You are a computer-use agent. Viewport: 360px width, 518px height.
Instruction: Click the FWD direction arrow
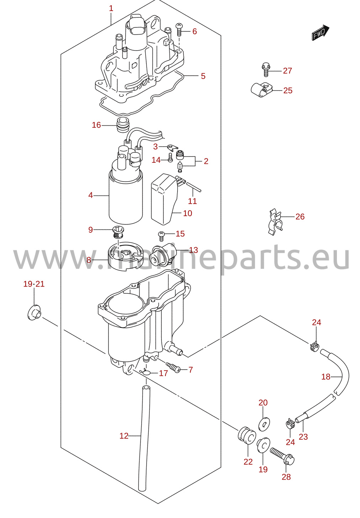tap(321, 33)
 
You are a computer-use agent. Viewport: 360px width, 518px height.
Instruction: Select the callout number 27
tap(287, 71)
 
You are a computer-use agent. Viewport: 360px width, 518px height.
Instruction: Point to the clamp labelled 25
tap(261, 90)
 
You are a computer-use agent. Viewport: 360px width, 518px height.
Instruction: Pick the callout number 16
tap(96, 125)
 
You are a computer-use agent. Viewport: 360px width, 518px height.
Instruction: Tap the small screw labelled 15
tap(161, 236)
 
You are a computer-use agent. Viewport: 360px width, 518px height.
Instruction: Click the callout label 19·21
tap(34, 284)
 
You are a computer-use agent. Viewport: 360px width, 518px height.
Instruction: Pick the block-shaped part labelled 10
tap(164, 199)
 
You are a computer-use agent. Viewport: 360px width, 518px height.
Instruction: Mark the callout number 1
tap(111, 9)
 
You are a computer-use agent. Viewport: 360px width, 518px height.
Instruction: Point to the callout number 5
tap(203, 76)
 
